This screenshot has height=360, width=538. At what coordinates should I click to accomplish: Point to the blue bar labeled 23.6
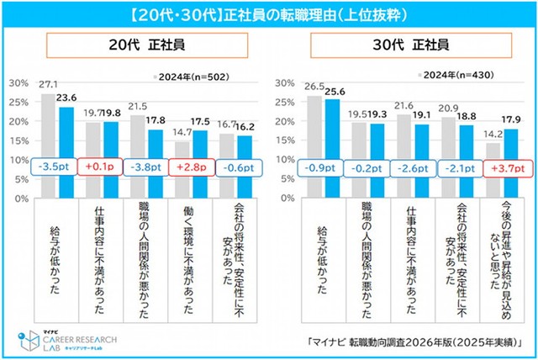(x=66, y=143)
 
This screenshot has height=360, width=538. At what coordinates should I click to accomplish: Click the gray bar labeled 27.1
(x=48, y=139)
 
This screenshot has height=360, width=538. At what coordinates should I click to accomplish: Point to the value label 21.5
(x=137, y=106)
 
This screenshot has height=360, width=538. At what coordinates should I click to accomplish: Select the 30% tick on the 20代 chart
(x=16, y=83)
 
